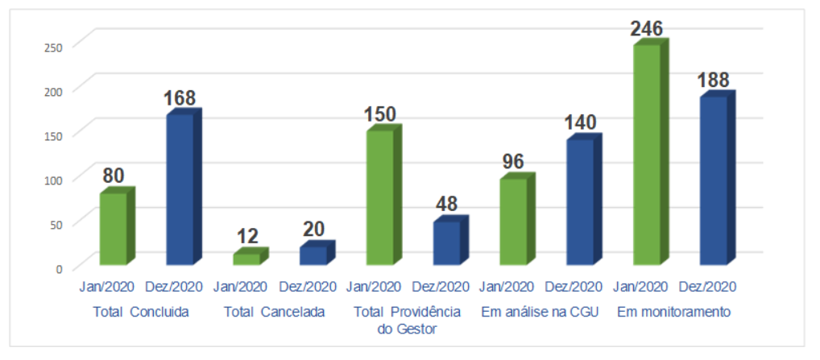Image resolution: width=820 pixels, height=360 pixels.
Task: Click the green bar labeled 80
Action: pyautogui.click(x=113, y=229)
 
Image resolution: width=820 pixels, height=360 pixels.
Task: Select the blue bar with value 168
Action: pyautogui.click(x=180, y=189)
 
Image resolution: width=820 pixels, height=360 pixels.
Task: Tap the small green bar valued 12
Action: pyautogui.click(x=247, y=259)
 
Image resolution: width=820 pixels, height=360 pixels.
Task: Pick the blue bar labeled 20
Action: pyautogui.click(x=313, y=255)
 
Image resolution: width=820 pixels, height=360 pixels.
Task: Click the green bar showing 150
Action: pyautogui.click(x=379, y=197)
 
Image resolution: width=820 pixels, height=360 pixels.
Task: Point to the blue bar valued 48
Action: pyautogui.click(x=446, y=242)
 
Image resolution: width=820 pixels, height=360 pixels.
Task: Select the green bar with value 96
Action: pyautogui.click(x=513, y=221)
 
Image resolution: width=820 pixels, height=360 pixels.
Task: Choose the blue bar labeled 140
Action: pyautogui.click(x=580, y=202)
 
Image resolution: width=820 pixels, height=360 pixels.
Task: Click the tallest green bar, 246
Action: pyautogui.click(x=647, y=155)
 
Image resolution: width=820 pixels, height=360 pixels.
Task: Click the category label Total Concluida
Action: pyautogui.click(x=141, y=312)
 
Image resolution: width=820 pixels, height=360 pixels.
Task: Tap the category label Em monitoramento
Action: pyautogui.click(x=674, y=312)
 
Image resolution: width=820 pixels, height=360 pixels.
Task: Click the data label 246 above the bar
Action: pyautogui.click(x=647, y=29)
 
